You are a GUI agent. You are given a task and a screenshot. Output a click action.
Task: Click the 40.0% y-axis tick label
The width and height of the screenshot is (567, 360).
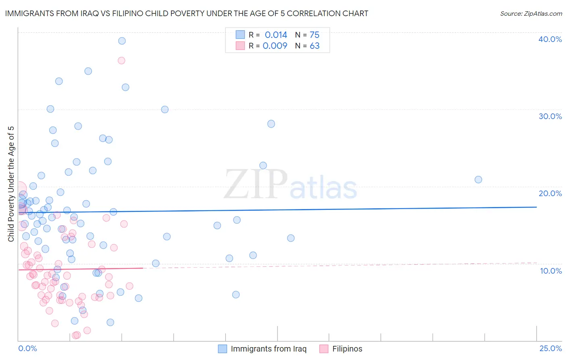click(x=550, y=39)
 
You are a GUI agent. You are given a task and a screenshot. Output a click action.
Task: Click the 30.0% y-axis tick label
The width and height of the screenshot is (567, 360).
click(x=550, y=116)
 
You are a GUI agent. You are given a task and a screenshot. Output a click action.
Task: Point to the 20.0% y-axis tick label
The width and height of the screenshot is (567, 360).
click(x=550, y=193)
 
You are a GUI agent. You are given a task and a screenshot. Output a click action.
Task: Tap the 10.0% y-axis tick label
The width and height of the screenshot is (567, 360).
click(x=551, y=271)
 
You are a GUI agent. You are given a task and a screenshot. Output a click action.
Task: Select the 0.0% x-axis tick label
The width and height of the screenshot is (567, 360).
click(x=27, y=348)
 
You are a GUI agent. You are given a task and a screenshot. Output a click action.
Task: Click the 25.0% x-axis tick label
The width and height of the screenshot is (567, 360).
click(x=550, y=348)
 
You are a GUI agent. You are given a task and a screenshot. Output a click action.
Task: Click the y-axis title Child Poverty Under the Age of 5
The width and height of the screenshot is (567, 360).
click(x=11, y=184)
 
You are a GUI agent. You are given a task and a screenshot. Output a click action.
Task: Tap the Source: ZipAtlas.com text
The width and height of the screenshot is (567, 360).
click(x=531, y=14)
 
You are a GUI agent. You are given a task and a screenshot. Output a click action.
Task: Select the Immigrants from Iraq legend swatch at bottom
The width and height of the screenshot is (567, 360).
click(x=222, y=349)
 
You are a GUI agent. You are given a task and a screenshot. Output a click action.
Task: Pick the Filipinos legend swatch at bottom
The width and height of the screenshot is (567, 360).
click(x=324, y=349)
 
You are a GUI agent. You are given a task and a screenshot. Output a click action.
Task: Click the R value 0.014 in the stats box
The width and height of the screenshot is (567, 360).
click(x=276, y=35)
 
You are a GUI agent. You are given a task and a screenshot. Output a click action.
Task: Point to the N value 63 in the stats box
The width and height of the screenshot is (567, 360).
click(x=315, y=46)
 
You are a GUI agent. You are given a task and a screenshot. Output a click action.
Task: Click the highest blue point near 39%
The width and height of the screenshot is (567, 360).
click(x=122, y=41)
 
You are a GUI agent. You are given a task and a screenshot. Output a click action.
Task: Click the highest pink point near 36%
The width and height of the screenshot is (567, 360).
click(x=121, y=61)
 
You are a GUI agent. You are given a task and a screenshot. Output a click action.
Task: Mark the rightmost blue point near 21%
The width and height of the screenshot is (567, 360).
click(x=478, y=180)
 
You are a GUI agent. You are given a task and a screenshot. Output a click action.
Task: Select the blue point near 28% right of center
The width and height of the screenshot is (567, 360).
click(x=271, y=124)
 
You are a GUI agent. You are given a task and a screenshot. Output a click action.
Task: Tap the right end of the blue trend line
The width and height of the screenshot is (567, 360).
click(x=536, y=207)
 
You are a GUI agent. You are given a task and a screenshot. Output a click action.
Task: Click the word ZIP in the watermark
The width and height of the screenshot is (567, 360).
click(x=256, y=184)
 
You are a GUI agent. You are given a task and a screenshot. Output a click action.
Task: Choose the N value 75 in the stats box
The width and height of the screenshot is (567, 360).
click(x=315, y=35)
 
